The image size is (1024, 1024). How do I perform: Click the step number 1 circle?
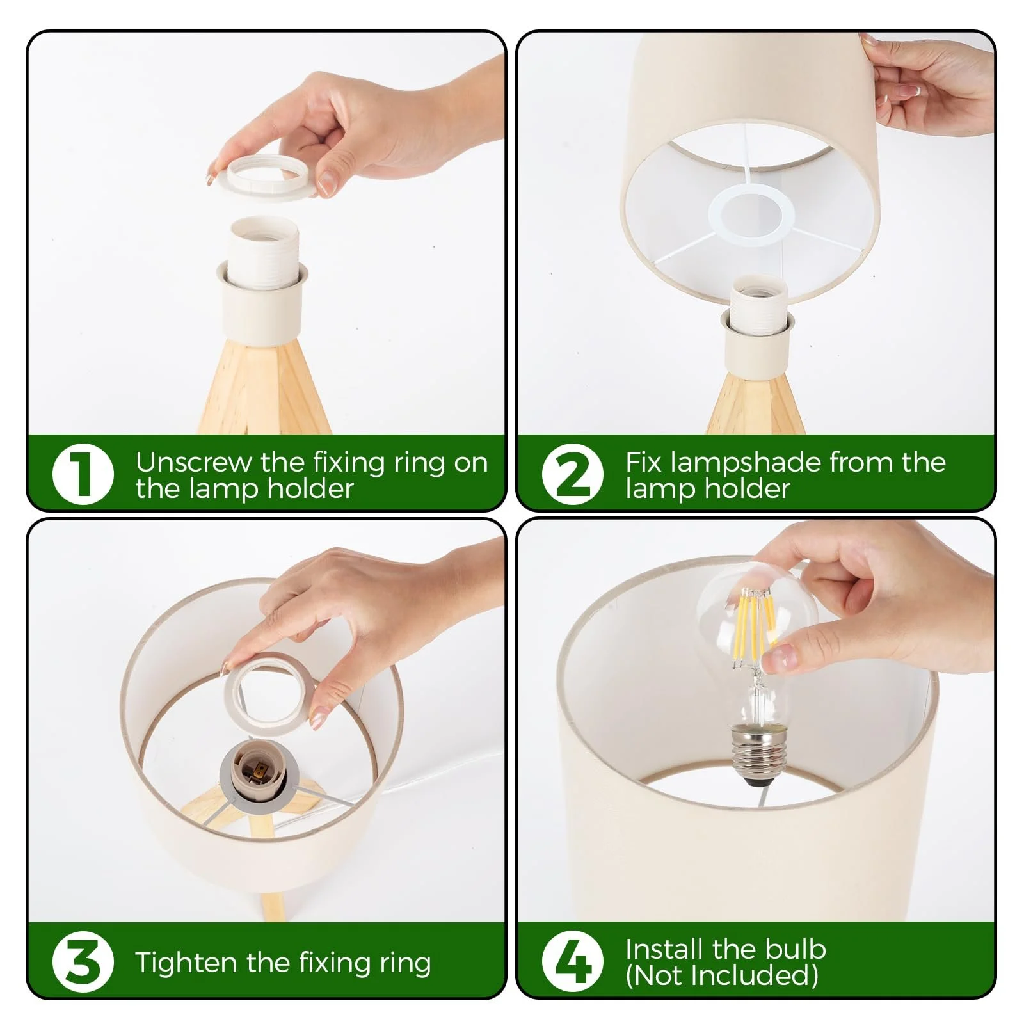click(83, 474)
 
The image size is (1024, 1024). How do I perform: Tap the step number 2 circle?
click(572, 474)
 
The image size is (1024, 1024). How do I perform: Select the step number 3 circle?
click(83, 962)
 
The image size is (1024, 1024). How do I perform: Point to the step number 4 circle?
click(572, 962)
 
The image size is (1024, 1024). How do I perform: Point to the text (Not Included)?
click(721, 976)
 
